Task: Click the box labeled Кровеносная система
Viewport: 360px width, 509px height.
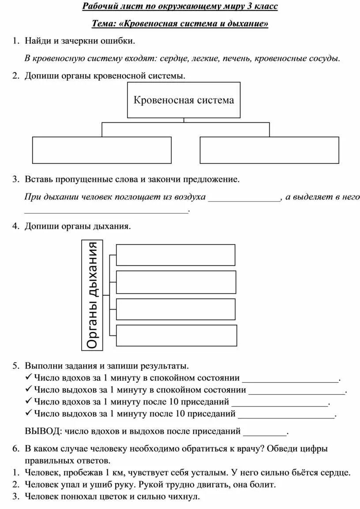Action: [184, 100]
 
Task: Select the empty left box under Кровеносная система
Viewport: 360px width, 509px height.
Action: [101, 150]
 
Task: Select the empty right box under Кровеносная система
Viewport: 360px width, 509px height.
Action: [269, 150]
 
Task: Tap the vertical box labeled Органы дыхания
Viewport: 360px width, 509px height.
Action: [92, 294]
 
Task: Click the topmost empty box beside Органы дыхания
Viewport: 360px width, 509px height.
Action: [175, 255]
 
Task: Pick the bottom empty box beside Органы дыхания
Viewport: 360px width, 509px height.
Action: [176, 336]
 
